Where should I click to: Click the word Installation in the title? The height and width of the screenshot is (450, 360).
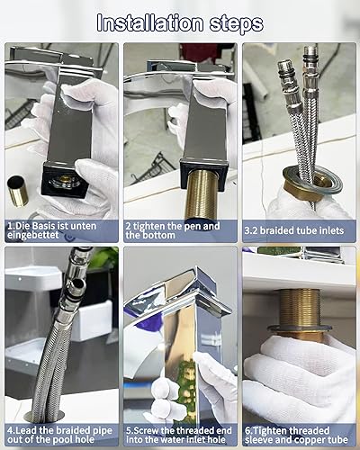pos(150,23)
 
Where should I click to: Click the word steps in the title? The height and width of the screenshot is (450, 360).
pos(237,24)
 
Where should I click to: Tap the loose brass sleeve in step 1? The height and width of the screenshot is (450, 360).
pos(18,192)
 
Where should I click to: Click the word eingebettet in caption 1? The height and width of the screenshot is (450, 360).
pos(33,235)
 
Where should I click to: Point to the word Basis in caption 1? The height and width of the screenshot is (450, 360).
pos(44,226)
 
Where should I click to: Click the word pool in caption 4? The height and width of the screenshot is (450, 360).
pos(62,440)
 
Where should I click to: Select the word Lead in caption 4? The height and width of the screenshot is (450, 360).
pos(25,431)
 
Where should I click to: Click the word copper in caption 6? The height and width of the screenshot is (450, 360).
pos(310,440)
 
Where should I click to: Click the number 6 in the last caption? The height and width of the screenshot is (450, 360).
pos(247,431)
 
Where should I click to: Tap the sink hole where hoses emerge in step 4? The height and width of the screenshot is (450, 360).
pos(44,418)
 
